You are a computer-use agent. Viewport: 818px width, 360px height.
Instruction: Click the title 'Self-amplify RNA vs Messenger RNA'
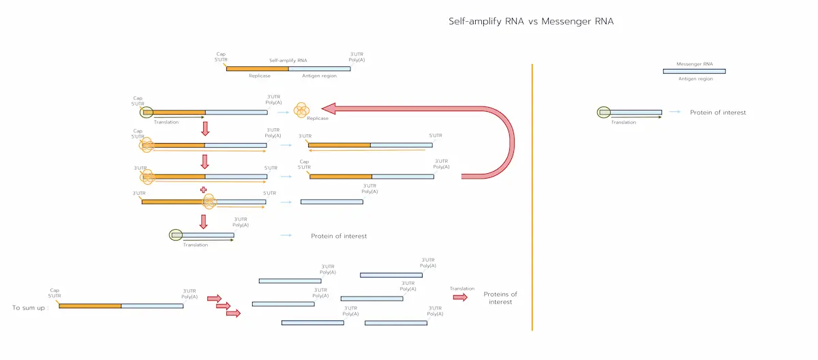tap(531, 21)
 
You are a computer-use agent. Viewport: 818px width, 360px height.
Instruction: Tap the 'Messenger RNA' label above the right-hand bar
tap(695, 64)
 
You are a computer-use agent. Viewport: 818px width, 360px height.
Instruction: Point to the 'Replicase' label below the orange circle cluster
tap(318, 119)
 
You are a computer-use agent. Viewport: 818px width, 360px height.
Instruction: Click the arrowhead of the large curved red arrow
tap(328, 108)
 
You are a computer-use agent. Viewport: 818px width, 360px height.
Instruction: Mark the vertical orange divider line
tap(532, 198)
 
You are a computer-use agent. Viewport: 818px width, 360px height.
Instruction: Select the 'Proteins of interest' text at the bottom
tap(500, 298)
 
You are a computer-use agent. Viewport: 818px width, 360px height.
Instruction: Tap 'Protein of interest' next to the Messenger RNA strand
tap(718, 112)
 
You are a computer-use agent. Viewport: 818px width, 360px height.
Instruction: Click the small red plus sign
tap(203, 190)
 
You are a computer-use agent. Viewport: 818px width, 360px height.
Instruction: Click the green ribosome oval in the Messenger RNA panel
tap(604, 112)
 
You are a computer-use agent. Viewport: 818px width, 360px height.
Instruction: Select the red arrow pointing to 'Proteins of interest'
tap(461, 297)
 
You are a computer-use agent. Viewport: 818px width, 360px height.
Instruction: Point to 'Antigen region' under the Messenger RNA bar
tap(695, 79)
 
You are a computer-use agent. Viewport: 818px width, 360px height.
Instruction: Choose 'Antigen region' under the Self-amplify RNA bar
tap(319, 76)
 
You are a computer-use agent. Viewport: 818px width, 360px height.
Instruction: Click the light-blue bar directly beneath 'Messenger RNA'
tap(694, 71)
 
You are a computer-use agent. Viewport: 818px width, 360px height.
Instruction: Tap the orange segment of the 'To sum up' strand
tap(90, 306)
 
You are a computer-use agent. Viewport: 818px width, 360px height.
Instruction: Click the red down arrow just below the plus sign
tap(203, 221)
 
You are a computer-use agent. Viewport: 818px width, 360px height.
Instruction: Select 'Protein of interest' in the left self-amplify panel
tap(339, 236)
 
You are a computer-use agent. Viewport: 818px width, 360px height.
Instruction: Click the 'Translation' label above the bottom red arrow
tap(462, 288)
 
